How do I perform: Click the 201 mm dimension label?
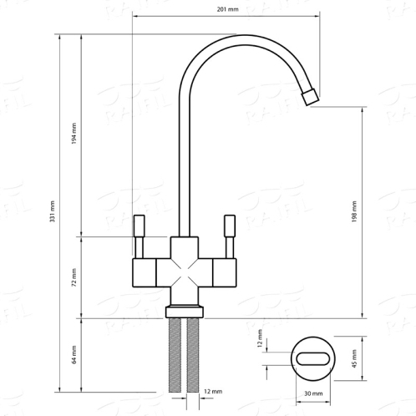[x=226, y=10]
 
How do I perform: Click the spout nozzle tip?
[x=311, y=96]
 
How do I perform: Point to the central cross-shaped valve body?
[x=185, y=271]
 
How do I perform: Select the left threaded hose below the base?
[x=175, y=355]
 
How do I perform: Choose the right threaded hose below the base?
[x=195, y=355]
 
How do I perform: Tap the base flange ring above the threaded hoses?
[x=185, y=311]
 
